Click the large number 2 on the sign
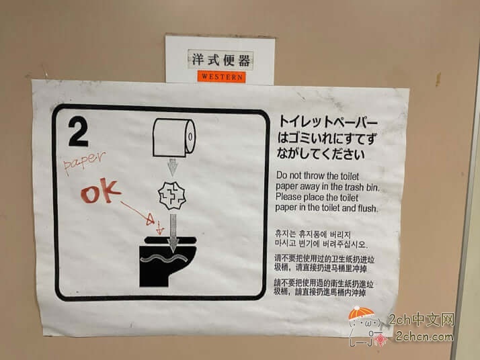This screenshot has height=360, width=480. pyautogui.click(x=78, y=132)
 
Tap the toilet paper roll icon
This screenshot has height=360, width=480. pyautogui.click(x=174, y=136)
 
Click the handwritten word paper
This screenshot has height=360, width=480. pyautogui.click(x=85, y=163)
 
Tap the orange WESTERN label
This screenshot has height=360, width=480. pyautogui.click(x=221, y=77)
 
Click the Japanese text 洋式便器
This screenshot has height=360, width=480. pyautogui.click(x=221, y=60)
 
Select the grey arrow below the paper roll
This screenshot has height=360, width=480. pyautogui.click(x=173, y=167)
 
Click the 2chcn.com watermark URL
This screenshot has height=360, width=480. pyautogui.click(x=424, y=336)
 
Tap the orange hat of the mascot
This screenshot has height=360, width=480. pyautogui.click(x=361, y=314)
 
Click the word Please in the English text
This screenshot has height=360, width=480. pyautogui.click(x=290, y=197)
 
